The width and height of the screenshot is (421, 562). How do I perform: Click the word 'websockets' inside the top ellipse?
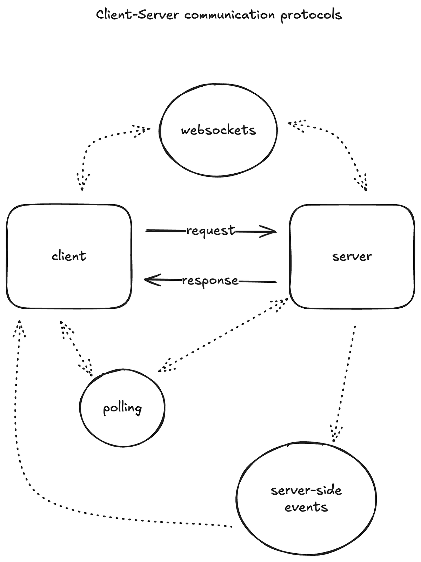pos(218,130)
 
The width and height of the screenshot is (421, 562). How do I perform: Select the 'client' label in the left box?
pos(69,256)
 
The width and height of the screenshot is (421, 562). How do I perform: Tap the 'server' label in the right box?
pos(352,256)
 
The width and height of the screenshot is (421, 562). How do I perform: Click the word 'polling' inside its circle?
pos(122,408)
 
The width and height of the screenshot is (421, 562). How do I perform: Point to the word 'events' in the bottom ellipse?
pos(306,507)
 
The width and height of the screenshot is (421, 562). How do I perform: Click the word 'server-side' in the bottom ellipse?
pos(306,490)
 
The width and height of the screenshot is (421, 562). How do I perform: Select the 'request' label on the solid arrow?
pos(210,230)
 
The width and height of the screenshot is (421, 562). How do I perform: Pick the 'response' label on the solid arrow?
pos(210,281)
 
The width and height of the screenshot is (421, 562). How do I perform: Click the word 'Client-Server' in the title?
pos(137,15)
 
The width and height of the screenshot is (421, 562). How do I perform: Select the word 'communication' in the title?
pos(230,15)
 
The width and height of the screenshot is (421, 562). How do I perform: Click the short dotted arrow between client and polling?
pos(76,347)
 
